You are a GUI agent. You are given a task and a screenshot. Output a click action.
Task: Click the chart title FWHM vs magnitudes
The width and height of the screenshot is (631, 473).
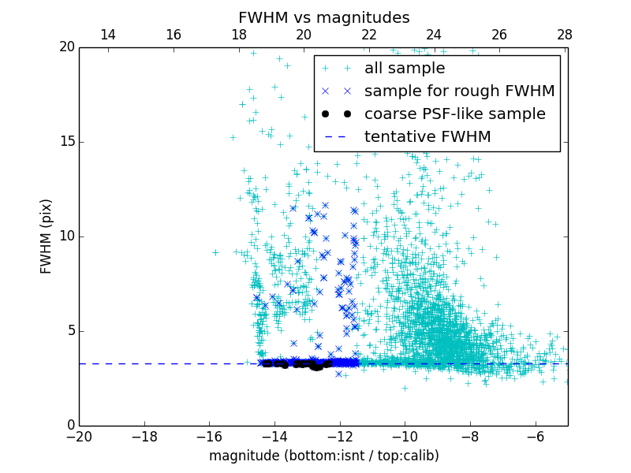tap(323, 17)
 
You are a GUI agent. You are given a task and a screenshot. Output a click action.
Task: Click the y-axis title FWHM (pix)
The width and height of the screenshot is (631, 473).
tap(47, 236)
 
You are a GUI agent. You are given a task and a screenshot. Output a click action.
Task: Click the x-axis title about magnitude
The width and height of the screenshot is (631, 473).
tap(323, 456)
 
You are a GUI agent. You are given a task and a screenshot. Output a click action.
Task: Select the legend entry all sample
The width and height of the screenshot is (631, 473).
tap(405, 69)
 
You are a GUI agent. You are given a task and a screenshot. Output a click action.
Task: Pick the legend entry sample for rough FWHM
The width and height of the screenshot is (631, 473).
tap(459, 91)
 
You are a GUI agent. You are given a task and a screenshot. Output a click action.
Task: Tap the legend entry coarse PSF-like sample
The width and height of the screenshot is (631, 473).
tap(454, 114)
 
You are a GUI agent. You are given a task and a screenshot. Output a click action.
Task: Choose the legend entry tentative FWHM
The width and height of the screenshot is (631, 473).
tap(428, 137)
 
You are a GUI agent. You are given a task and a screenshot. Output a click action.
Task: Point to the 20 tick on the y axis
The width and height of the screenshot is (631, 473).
tap(67, 47)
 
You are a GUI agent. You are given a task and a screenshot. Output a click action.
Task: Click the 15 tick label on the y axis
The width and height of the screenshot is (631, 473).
tap(67, 142)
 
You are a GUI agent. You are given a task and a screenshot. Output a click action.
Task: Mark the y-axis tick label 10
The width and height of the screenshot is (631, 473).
tap(67, 236)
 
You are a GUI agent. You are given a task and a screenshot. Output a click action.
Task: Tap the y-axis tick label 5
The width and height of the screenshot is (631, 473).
tap(70, 331)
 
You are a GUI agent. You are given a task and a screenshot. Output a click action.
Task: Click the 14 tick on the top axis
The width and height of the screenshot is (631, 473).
tap(108, 35)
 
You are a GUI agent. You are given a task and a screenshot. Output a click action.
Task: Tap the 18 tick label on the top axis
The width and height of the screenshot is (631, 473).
tap(239, 35)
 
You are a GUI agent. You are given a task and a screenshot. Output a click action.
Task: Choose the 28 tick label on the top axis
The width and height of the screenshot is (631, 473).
tap(565, 35)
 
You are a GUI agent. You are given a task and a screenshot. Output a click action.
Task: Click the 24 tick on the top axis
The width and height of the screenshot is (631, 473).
tap(435, 35)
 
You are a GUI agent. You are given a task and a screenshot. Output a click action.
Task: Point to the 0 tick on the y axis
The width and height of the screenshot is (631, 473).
tap(70, 426)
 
